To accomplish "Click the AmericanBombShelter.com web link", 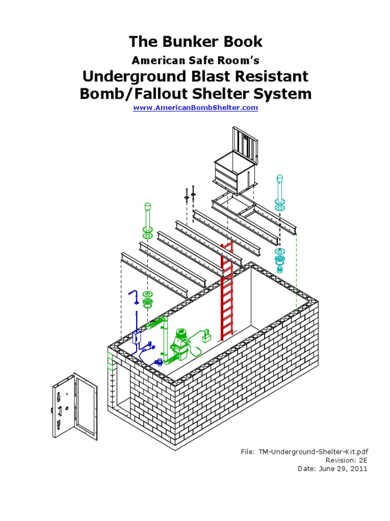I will pyautogui.click(x=195, y=108).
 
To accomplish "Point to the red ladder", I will pyautogui.click(x=227, y=295).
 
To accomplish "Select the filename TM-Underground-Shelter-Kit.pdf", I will pyautogui.click(x=313, y=451).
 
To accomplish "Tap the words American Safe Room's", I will pyautogui.click(x=195, y=61).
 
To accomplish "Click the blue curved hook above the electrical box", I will pyautogui.click(x=134, y=295).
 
